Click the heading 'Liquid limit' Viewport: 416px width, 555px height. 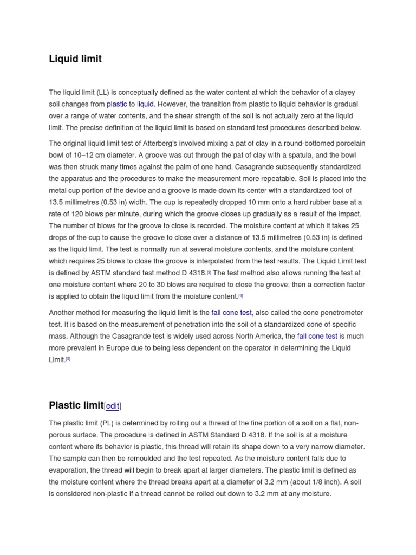(75, 59)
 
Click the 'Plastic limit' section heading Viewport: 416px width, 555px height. (76, 405)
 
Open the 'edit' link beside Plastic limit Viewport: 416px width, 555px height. (113, 406)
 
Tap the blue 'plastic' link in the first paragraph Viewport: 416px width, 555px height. (116, 104)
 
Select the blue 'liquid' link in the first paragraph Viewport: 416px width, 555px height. (145, 104)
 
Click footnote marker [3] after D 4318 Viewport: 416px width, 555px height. (209, 273)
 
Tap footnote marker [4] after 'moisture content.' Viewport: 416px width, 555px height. (241, 296)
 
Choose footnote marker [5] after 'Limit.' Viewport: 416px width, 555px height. (68, 359)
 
